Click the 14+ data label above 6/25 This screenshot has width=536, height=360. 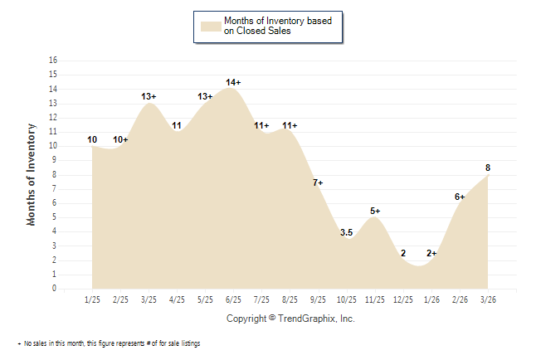233,82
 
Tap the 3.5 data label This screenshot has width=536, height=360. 347,233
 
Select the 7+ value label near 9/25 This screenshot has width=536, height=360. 318,182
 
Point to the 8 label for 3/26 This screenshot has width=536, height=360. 488,168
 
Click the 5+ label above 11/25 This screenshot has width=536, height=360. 375,211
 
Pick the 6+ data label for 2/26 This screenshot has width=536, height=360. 460,197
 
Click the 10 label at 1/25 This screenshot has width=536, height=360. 92,139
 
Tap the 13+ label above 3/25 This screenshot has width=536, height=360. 149,96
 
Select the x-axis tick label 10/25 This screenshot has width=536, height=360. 346,299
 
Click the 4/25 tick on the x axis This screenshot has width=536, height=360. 177,299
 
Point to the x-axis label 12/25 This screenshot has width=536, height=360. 402,299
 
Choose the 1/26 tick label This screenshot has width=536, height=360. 431,299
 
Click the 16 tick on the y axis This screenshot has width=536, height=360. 54,61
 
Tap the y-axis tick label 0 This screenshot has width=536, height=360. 56,289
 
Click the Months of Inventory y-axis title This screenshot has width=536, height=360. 32,174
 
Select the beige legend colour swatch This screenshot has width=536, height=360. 209,26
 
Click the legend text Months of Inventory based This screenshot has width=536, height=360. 279,21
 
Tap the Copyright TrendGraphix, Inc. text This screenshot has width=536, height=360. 290,319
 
